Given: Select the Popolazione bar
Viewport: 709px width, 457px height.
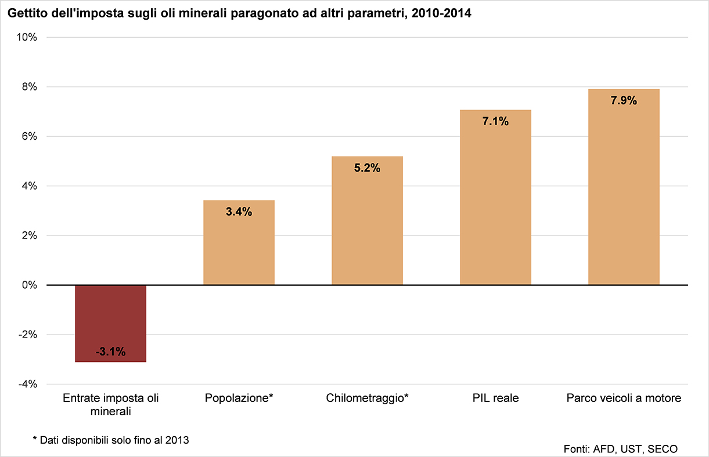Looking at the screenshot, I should pos(239,249).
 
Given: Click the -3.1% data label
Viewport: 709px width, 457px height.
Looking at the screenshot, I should pos(110,351).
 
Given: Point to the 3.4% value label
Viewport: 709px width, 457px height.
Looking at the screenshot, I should pos(239,212).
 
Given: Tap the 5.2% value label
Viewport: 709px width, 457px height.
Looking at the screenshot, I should pos(367,168).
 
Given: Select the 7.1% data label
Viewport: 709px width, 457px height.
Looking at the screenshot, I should pos(495,121).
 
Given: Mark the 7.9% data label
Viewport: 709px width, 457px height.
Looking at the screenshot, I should pos(624,100).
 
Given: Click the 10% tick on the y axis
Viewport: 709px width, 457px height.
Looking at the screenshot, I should pos(27,37).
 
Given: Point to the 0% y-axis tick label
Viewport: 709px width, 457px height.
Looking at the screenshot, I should pos(30,285).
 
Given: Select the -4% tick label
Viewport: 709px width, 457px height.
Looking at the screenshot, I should pos(28,385).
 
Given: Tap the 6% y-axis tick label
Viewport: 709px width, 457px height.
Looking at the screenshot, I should pos(30,136).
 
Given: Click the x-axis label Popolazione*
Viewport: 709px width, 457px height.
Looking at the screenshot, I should pos(239,398).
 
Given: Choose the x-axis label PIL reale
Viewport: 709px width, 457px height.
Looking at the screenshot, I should pos(495,398).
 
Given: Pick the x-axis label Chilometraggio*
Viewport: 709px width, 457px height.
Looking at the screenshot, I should pos(367,398).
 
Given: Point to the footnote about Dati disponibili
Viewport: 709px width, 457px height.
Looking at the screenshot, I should pos(111,440).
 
